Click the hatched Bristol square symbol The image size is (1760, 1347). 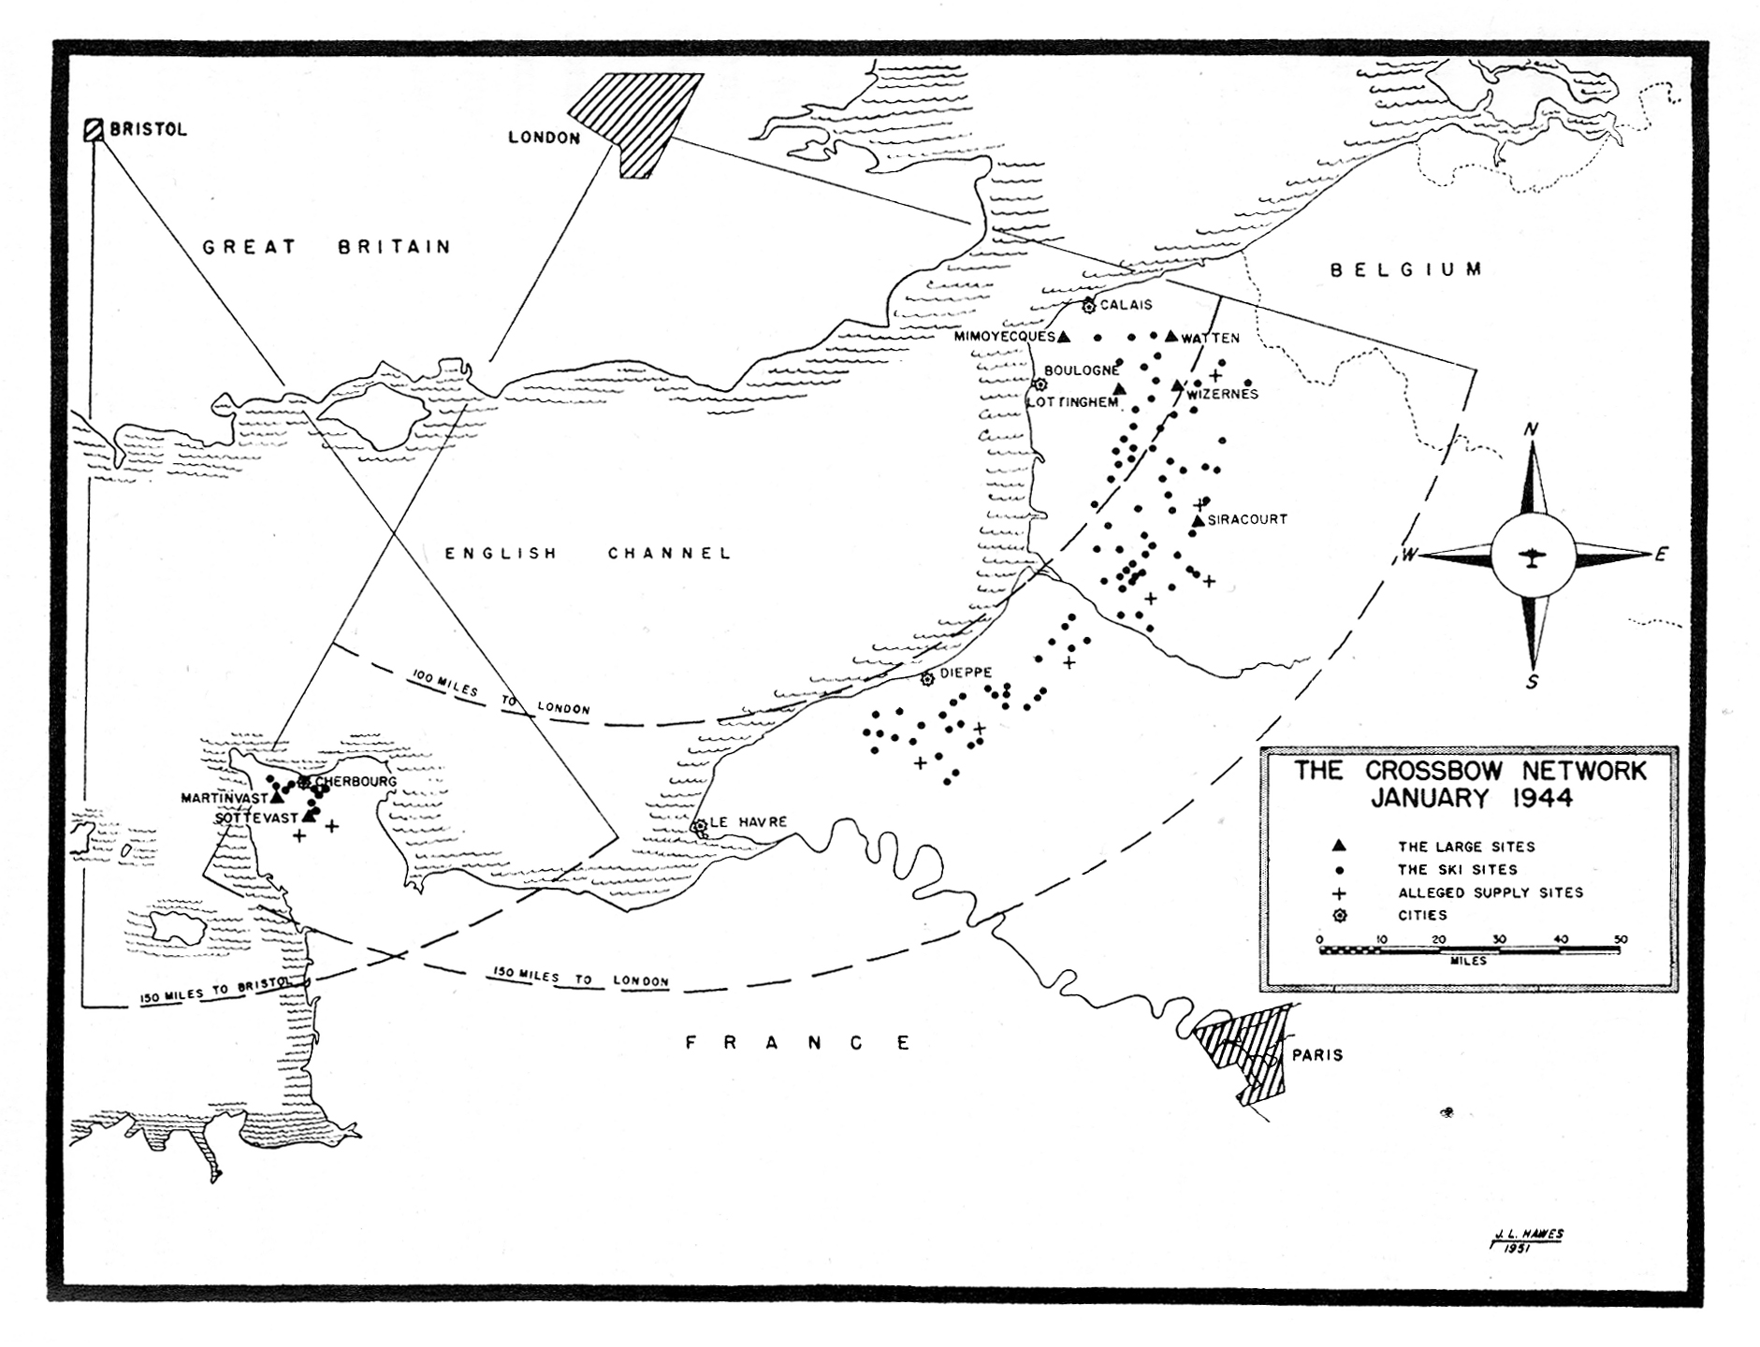coord(94,129)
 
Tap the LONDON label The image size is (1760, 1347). coord(545,138)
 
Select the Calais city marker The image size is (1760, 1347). coord(1088,306)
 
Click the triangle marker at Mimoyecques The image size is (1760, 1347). coord(1063,336)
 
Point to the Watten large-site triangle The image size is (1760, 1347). coord(1171,336)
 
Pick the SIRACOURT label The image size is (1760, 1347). coord(1247,519)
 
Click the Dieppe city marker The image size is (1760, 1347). coord(927,679)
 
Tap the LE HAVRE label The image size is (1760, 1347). coord(749,822)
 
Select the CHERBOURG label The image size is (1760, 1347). coord(356,781)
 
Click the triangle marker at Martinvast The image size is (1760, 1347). coord(276,797)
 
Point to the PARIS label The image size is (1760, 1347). coord(1316,1055)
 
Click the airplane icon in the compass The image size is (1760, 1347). coord(1531,557)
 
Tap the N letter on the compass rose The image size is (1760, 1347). coord(1532,429)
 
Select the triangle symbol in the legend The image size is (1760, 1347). coord(1339,846)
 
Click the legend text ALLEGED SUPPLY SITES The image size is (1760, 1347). coord(1491,892)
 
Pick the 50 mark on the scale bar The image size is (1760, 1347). coord(1621,939)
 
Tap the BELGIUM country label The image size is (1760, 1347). coord(1406,270)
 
